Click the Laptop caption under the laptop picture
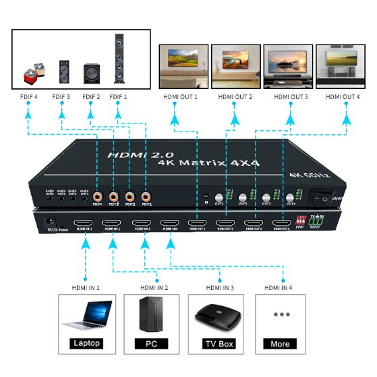[86, 343]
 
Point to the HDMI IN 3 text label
[219, 288]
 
